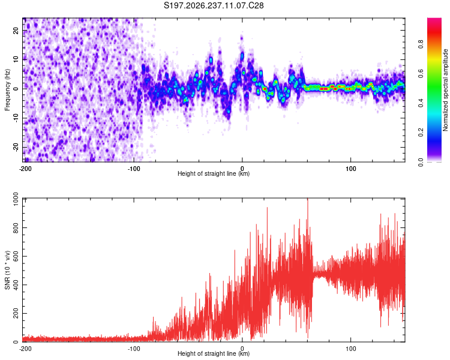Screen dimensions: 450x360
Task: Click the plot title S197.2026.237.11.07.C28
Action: tap(214, 5)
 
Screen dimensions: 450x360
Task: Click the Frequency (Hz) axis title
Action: tap(7, 90)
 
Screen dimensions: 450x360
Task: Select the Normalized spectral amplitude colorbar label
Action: tap(445, 90)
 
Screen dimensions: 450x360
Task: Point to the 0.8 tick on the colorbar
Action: tap(421, 44)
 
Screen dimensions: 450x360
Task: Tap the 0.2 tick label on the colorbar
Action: tap(421, 133)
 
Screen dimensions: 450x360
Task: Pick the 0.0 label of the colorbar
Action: tap(421, 162)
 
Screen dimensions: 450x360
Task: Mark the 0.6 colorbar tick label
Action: tap(421, 74)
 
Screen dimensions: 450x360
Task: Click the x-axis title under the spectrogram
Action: tap(214, 173)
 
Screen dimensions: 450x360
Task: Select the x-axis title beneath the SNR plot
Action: tap(214, 353)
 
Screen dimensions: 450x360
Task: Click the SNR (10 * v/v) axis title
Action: tap(7, 270)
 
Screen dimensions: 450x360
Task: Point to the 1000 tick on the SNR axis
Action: tap(16, 199)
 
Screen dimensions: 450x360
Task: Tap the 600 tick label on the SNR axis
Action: tap(16, 256)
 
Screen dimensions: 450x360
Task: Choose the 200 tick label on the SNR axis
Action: tap(16, 313)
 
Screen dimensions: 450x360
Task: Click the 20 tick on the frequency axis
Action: tap(16, 31)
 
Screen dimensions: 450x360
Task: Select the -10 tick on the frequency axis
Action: tap(16, 118)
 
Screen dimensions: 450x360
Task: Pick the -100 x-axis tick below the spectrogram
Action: tap(134, 169)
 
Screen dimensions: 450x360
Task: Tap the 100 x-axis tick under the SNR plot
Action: tap(351, 349)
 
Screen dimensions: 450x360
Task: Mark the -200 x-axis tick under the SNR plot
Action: tap(25, 349)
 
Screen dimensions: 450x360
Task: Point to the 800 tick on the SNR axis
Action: tap(16, 227)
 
